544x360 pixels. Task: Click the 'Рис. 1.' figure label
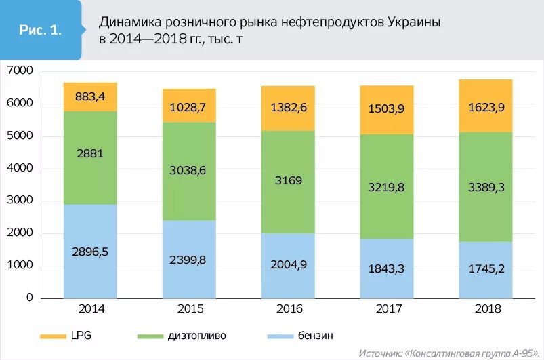coord(41,30)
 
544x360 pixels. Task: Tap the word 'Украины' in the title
coord(415,22)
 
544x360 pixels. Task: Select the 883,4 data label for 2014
coord(90,97)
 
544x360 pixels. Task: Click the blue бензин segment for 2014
coord(90,271)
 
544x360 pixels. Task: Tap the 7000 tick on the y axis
coord(20,71)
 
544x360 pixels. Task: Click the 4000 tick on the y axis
coord(20,169)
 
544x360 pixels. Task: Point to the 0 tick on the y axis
coord(30,298)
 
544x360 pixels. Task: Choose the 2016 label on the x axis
coord(289,309)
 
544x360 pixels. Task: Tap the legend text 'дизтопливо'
coord(200,336)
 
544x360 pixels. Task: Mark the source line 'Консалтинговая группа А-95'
coord(467,353)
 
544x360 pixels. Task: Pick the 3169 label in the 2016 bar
coord(289,181)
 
